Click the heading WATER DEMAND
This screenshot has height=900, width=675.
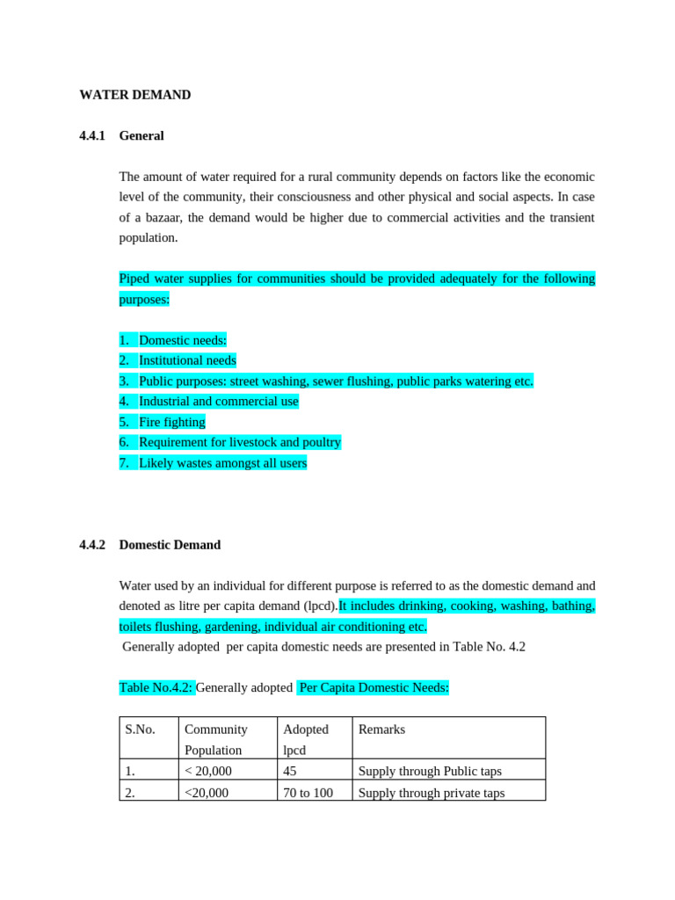click(134, 95)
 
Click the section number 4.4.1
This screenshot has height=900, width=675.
click(91, 136)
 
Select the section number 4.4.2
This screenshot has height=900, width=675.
click(91, 545)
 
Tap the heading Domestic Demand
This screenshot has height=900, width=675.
click(170, 545)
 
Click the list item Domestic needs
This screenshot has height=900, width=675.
click(182, 340)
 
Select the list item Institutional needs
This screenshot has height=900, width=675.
click(187, 360)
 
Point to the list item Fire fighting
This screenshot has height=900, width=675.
click(171, 422)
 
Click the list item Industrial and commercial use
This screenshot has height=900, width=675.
click(218, 402)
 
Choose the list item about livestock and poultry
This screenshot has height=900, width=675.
click(239, 442)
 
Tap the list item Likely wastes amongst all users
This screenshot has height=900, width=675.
click(222, 463)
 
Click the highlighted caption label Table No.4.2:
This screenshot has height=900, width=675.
click(156, 688)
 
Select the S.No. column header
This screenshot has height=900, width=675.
click(140, 729)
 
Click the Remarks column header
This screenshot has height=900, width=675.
click(381, 729)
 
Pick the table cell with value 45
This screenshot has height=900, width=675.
click(290, 772)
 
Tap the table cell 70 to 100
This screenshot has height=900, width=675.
click(308, 793)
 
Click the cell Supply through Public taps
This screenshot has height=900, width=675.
click(430, 772)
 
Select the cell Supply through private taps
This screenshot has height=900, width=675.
click(432, 793)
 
